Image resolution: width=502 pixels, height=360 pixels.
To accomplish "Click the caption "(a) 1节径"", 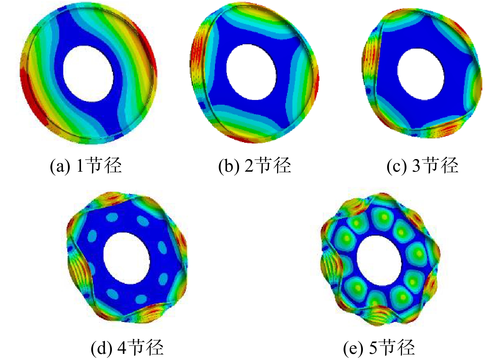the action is [86, 165].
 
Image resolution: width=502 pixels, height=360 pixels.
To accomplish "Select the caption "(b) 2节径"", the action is [255, 165].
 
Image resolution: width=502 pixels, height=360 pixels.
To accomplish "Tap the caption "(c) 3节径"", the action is [423, 165].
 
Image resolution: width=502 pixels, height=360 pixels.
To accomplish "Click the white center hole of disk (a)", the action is [88, 74].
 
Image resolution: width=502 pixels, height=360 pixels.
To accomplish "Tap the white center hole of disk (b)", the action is [251, 72].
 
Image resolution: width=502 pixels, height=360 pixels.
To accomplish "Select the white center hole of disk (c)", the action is [421, 74].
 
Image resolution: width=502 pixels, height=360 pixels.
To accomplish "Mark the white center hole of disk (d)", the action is [127, 258].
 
